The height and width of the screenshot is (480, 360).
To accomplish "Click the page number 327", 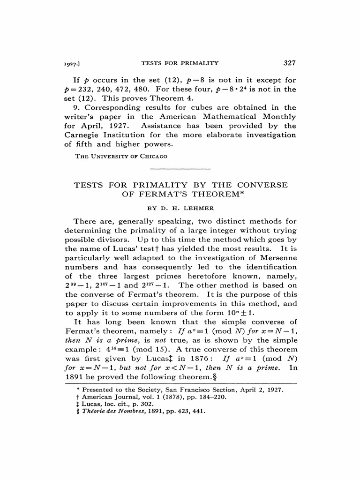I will (x=290, y=63).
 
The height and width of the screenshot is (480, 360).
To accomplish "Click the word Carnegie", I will (x=83, y=135).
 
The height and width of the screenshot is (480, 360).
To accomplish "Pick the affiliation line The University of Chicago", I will (x=121, y=156).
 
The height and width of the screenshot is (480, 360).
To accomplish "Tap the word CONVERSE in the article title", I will (x=262, y=185).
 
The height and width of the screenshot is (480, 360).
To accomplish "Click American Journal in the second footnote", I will (x=106, y=397).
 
